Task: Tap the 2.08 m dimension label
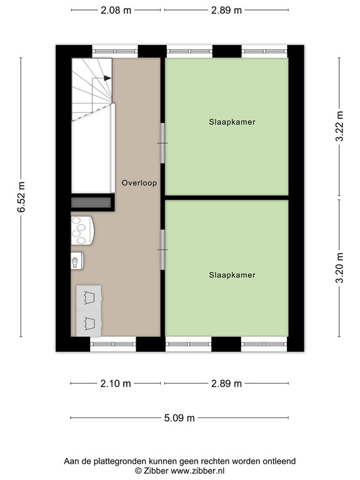point(116,10)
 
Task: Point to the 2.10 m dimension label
point(116,384)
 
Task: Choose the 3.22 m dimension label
point(339,127)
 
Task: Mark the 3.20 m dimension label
point(339,269)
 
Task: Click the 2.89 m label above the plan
point(226,10)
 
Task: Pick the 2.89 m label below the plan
point(226,384)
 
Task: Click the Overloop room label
point(139,183)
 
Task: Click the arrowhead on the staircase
point(108,78)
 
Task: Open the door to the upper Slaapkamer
point(162,143)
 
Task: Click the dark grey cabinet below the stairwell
point(92,202)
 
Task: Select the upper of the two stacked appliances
point(89,297)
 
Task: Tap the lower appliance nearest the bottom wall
point(89,323)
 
